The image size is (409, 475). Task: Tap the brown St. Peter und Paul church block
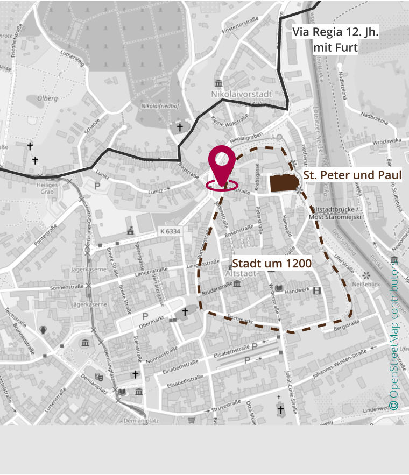284,183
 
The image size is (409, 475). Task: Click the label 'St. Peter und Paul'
352,175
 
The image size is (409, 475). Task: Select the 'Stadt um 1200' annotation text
272,263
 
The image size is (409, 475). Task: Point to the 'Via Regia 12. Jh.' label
335,32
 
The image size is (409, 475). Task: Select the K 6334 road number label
170,231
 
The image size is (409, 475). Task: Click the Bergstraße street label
346,324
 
